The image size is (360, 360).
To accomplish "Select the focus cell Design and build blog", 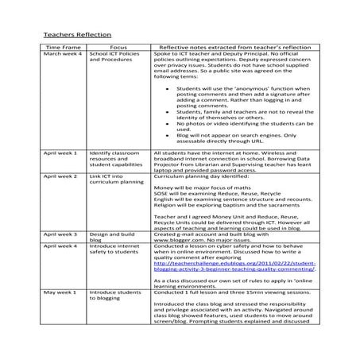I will pos(110,238).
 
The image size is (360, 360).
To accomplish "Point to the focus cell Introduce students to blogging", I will pos(110,296).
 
